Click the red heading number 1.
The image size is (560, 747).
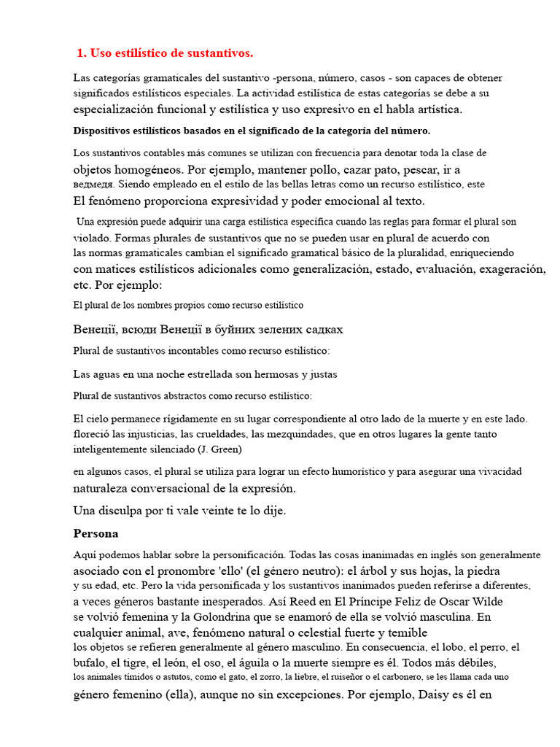(79, 53)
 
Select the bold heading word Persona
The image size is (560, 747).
(96, 533)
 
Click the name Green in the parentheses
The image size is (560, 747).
(223, 449)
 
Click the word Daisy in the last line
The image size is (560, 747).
(435, 694)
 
